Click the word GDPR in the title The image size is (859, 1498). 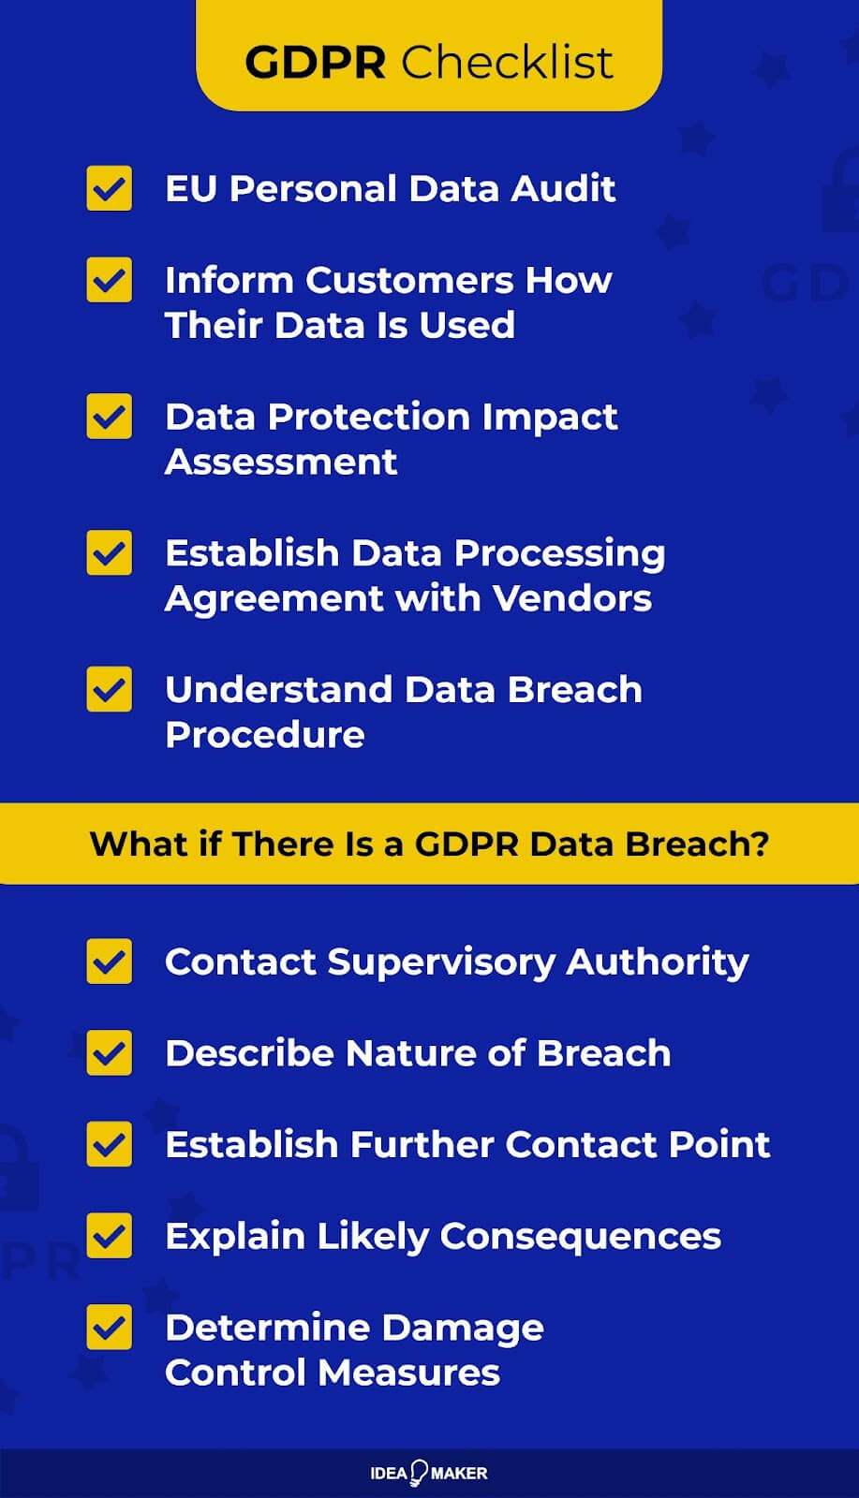(x=315, y=63)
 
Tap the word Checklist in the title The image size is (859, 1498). (x=508, y=63)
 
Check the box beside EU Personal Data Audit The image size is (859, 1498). (x=110, y=188)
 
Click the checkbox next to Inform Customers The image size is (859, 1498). (x=110, y=280)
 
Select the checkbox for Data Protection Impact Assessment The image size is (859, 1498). (x=110, y=417)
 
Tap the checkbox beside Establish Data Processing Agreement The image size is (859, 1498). (x=110, y=553)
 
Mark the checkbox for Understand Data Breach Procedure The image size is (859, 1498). (x=110, y=689)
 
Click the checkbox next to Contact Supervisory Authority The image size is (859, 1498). (x=110, y=962)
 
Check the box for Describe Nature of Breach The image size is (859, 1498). (x=110, y=1053)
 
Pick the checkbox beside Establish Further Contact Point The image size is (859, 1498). (x=110, y=1144)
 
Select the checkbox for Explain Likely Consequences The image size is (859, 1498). (x=110, y=1236)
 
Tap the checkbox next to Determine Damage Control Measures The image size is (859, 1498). (x=110, y=1327)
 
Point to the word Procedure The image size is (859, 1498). (x=265, y=735)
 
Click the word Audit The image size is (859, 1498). (x=563, y=189)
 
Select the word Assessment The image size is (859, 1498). (x=281, y=462)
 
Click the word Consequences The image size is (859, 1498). (x=581, y=1236)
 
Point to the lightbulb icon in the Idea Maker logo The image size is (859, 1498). (x=419, y=1472)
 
